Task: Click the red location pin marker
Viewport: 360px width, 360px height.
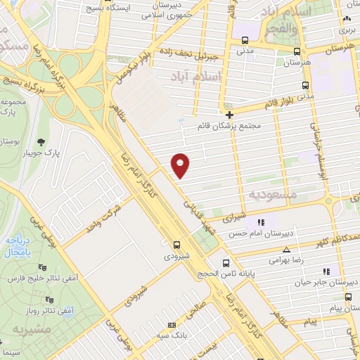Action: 181,165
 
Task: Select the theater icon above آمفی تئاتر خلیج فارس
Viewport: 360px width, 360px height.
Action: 44,267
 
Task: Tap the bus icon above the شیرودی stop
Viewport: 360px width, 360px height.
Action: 176,245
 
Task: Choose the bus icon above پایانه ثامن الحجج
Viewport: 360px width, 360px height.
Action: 225,263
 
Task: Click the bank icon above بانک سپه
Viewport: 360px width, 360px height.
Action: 172,326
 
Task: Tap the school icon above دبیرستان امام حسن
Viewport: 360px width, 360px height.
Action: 261,223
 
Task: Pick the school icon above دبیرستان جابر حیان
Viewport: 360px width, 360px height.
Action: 326,271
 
